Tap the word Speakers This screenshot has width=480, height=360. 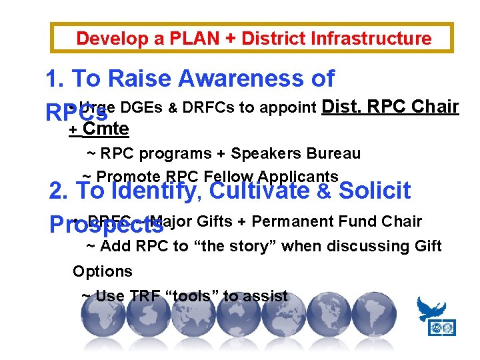click(x=264, y=153)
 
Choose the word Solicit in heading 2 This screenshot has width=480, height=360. click(x=375, y=191)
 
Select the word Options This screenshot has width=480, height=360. click(x=102, y=271)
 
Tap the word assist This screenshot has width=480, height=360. click(x=265, y=296)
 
